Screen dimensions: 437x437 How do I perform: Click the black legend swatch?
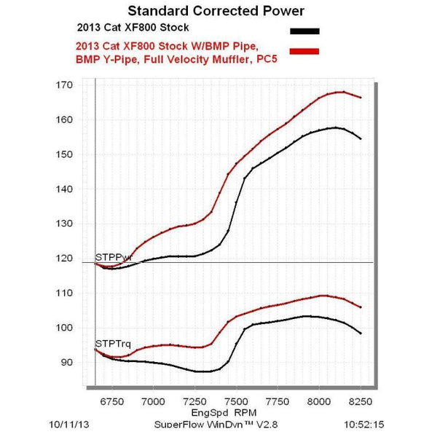(304, 31)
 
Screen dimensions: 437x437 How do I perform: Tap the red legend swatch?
(304, 50)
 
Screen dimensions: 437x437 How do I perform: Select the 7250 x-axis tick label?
(194, 399)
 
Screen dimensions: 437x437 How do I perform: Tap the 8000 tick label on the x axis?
(319, 399)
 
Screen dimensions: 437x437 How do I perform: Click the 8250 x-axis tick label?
(361, 399)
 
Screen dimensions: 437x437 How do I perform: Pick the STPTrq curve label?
(110, 342)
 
